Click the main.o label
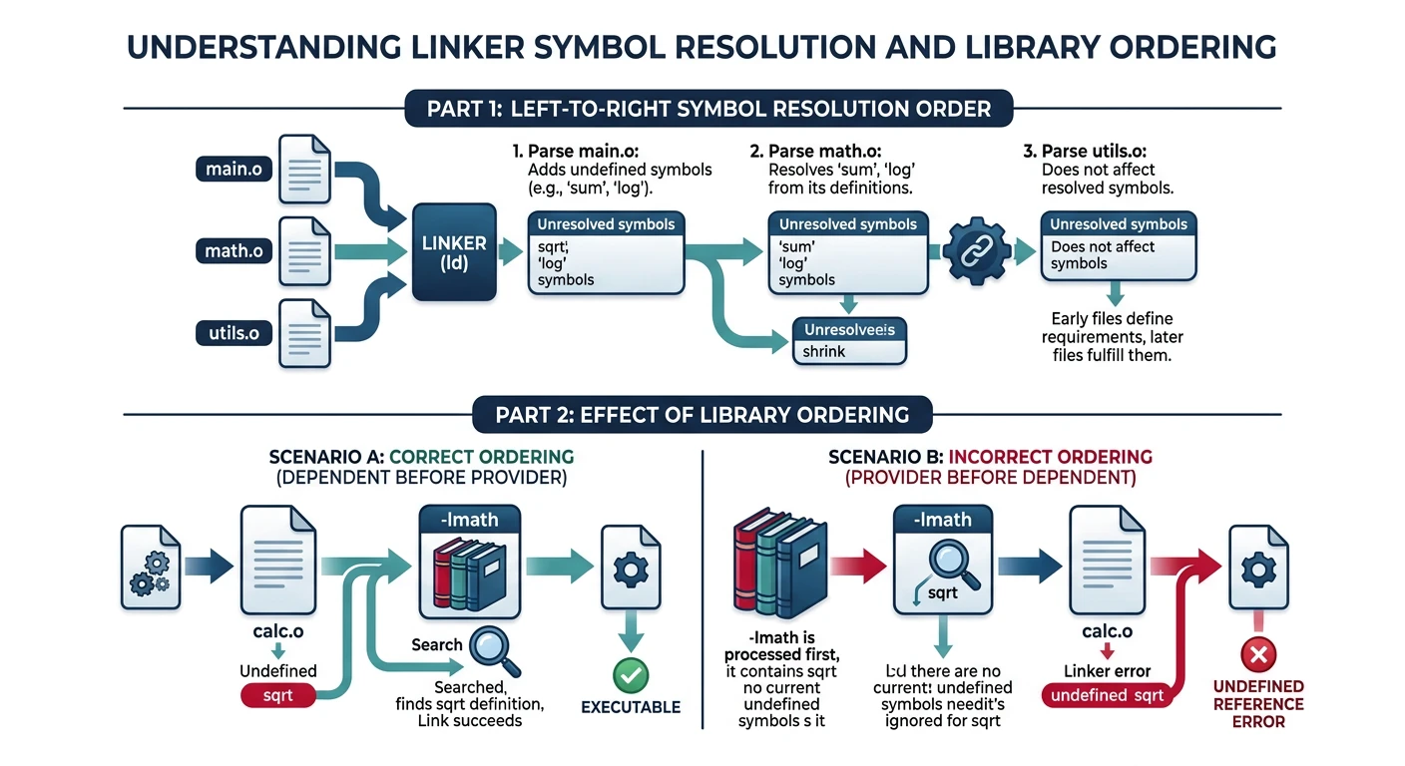point(234,170)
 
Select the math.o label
point(234,250)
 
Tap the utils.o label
point(233,332)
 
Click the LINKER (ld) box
point(454,252)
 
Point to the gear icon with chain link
point(973,251)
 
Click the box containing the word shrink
point(847,341)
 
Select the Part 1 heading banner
point(708,109)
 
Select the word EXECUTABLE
point(631,707)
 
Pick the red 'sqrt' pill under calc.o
point(278,695)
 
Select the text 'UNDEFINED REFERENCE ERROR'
point(1258,703)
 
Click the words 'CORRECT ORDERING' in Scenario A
point(481,457)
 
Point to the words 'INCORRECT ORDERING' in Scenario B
point(1050,457)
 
